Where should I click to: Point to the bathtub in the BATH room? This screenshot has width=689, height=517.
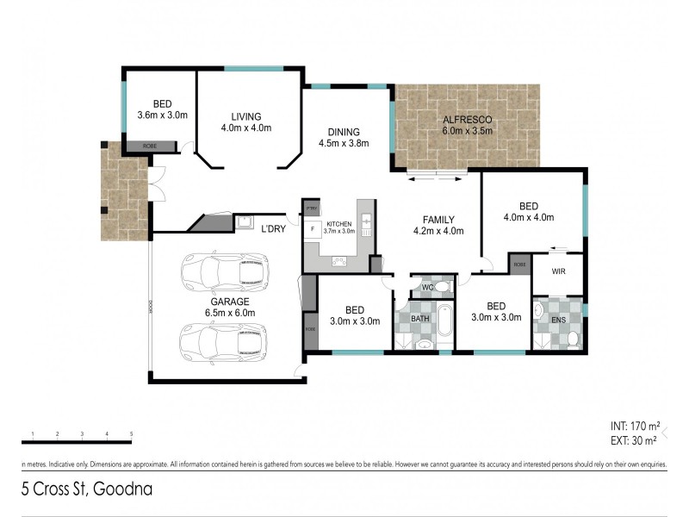(444, 321)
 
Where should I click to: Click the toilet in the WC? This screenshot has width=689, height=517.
(440, 287)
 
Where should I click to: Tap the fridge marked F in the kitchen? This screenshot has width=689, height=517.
(312, 230)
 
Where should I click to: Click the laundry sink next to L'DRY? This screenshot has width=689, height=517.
(245, 221)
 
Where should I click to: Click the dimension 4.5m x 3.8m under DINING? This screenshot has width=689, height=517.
(344, 143)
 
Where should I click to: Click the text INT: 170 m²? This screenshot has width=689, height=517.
(633, 427)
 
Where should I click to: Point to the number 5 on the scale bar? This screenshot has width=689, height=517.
(131, 433)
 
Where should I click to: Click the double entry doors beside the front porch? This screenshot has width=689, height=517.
(153, 184)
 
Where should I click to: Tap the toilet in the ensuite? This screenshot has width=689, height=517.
(572, 339)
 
